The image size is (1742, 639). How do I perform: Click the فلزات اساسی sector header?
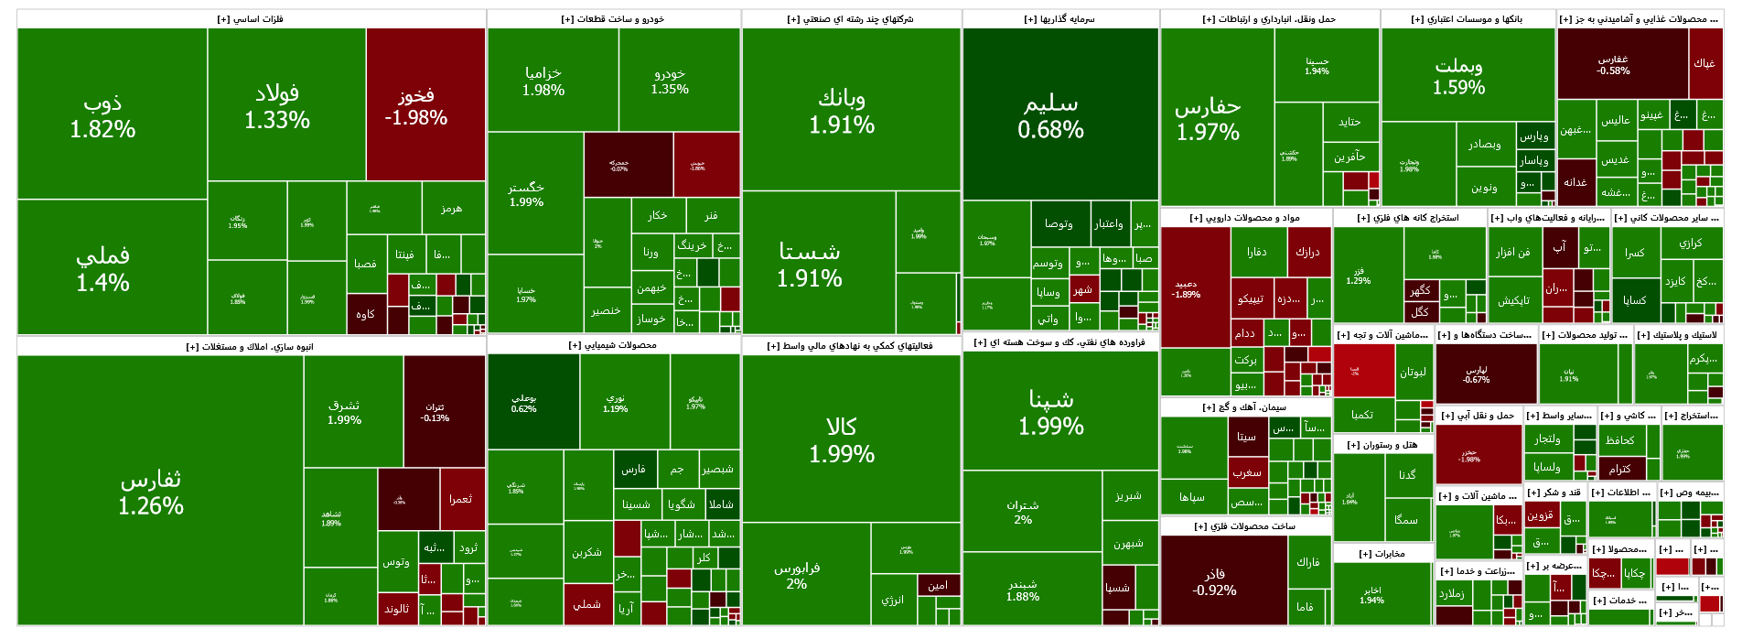(x=251, y=19)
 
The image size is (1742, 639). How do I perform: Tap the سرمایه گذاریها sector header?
(x=1059, y=19)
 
